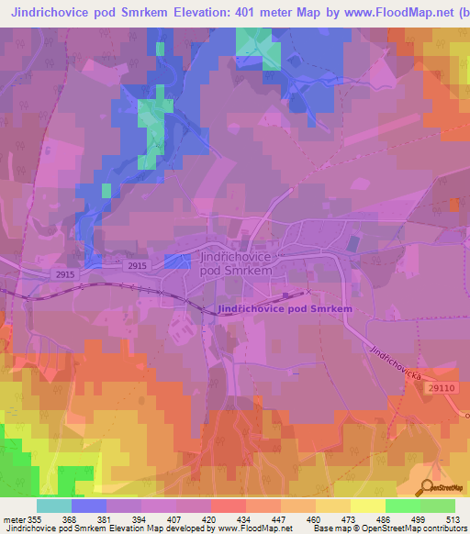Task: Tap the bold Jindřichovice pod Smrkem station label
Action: coord(285,309)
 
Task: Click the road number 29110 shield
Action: coord(441,389)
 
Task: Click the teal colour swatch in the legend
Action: coord(54,506)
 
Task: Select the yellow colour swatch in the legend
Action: coord(368,506)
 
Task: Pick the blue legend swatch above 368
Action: coord(89,506)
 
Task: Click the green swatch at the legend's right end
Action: coord(438,506)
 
